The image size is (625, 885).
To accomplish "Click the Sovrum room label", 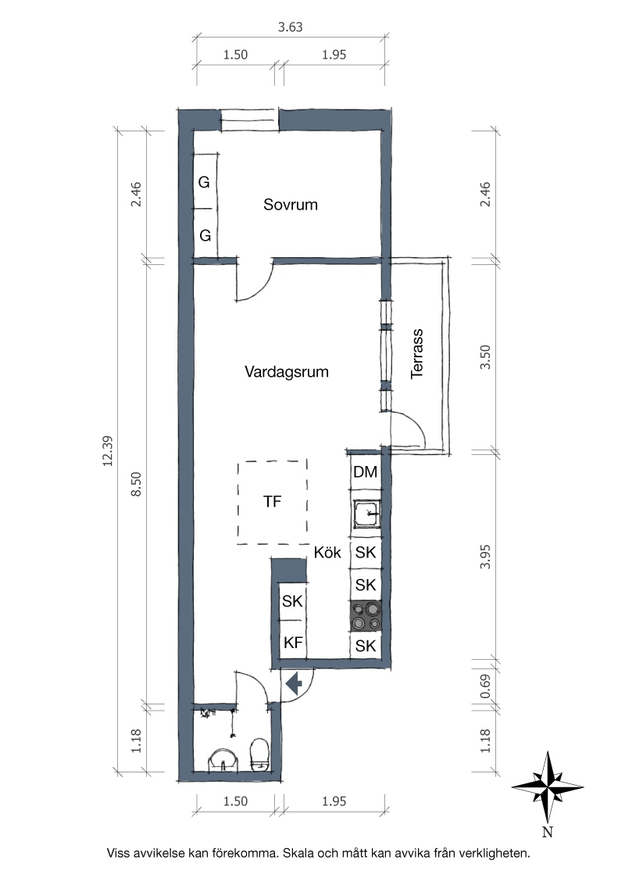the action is tap(291, 204).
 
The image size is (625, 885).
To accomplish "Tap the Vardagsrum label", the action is tap(287, 372).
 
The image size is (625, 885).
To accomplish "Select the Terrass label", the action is tap(417, 354).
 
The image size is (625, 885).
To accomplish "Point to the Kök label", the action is tap(327, 552).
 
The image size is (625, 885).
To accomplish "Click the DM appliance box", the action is tap(365, 472).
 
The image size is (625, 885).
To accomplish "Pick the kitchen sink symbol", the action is tap(366, 513).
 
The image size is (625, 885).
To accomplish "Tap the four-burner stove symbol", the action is tap(366, 616).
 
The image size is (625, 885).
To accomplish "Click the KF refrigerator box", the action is tap(293, 643).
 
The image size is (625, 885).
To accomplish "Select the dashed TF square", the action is tap(273, 502).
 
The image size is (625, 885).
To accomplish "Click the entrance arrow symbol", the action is tap(294, 684).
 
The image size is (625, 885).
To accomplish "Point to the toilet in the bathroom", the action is tap(259, 754).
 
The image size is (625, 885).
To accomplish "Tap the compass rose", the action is tap(547, 787).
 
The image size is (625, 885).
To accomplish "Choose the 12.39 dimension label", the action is tap(108, 451).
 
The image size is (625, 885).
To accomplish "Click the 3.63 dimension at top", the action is tap(291, 27).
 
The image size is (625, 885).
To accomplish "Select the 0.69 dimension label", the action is tap(485, 686).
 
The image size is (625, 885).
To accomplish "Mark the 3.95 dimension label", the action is tap(485, 557).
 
